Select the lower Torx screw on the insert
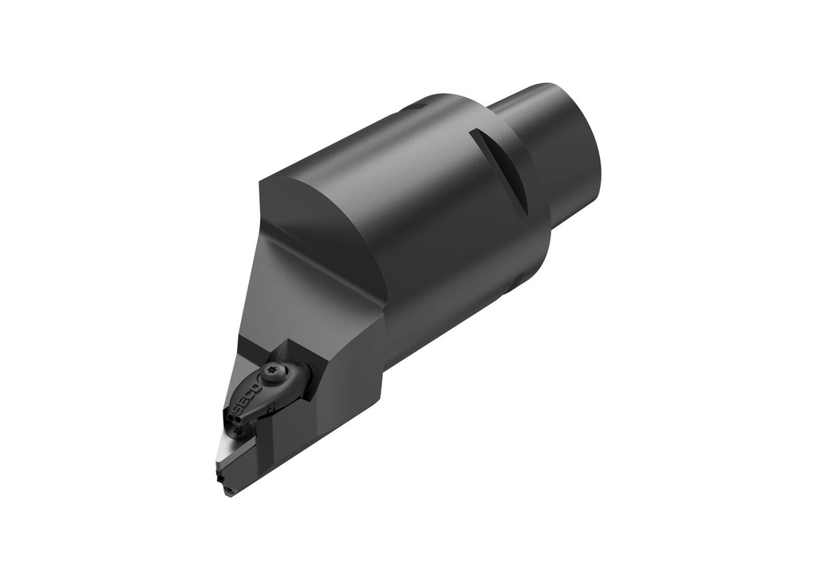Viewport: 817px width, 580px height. pyautogui.click(x=239, y=431)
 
